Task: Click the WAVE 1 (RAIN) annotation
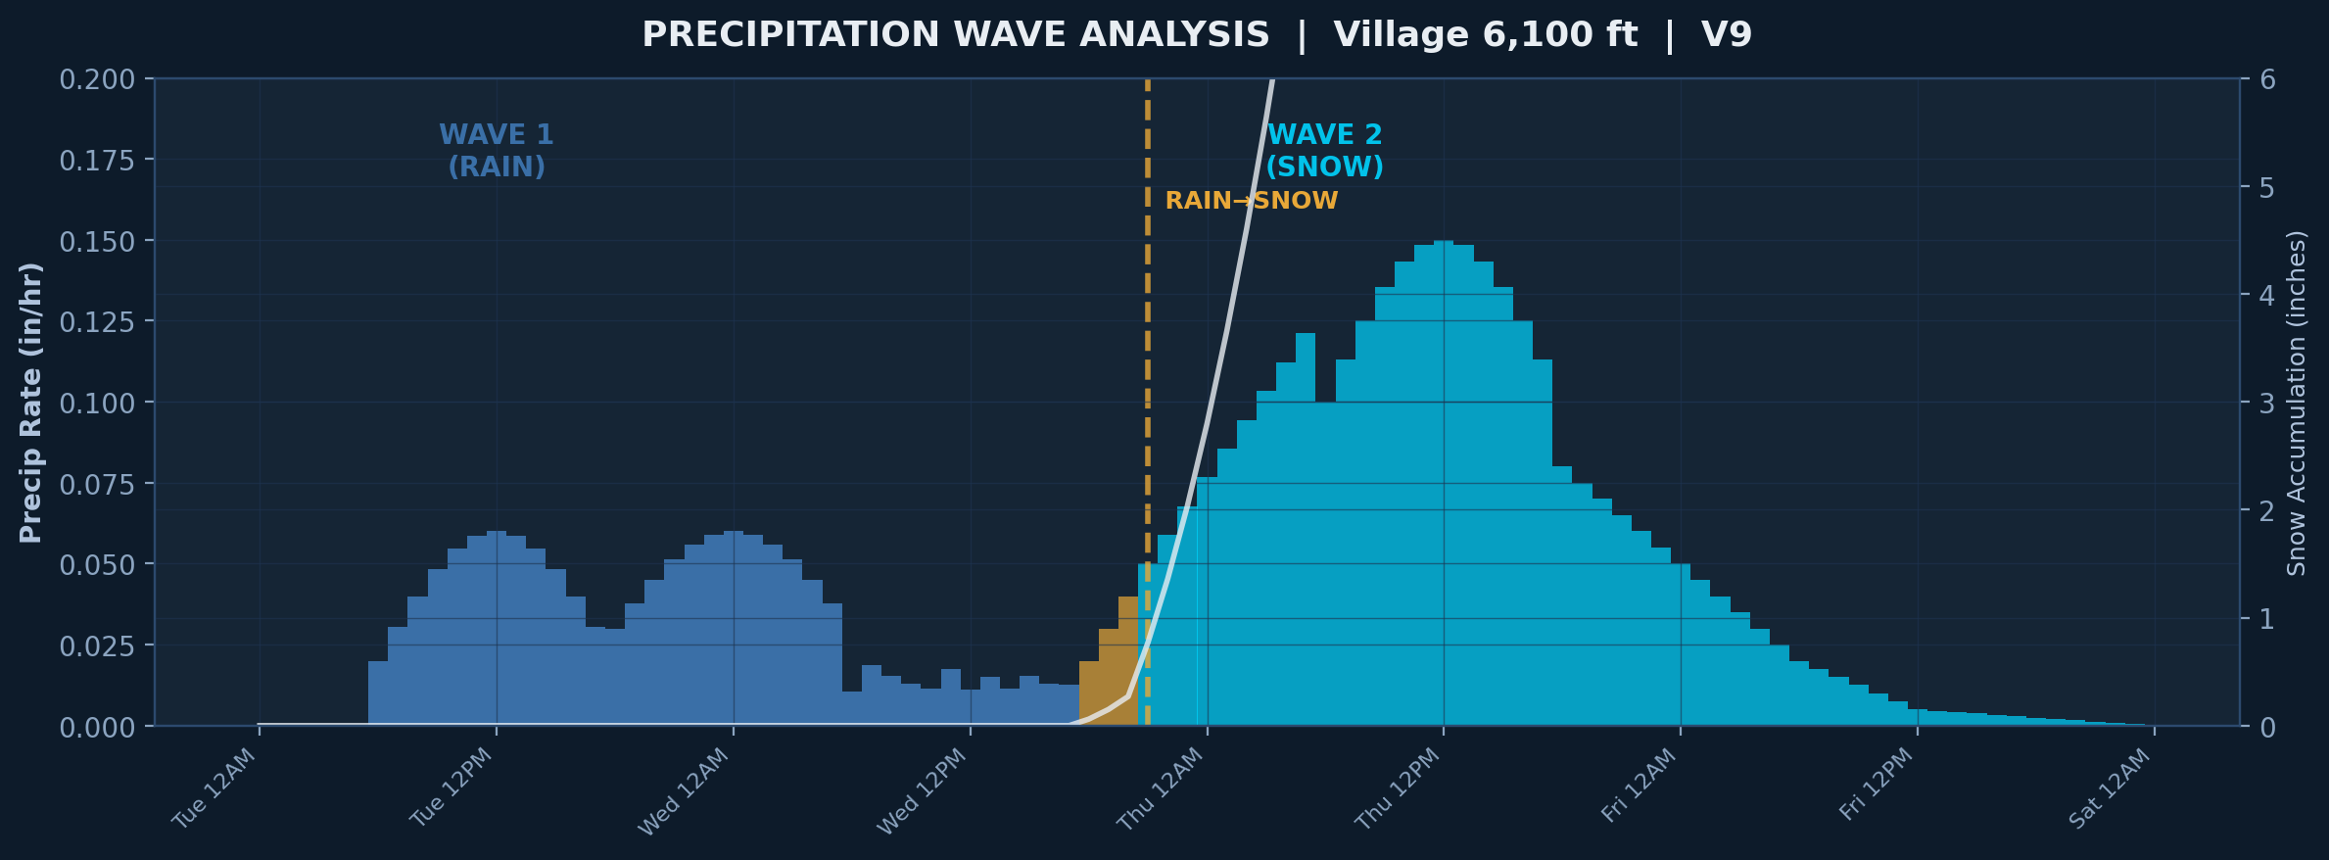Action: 497,150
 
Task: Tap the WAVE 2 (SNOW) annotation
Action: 1324,150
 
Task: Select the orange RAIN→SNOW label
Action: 1251,201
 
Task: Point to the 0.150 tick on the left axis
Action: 97,241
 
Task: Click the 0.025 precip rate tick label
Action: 97,645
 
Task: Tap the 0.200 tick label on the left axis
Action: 97,79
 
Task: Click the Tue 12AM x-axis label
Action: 214,788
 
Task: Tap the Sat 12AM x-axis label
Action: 2111,788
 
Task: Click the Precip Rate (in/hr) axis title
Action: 31,402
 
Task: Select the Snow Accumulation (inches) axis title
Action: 2297,402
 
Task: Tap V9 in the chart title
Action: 1726,35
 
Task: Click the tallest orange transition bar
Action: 1128,661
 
